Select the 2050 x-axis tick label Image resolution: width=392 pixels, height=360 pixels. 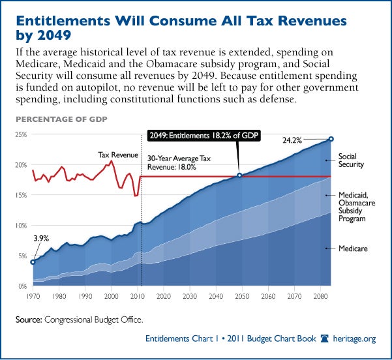coord(241,295)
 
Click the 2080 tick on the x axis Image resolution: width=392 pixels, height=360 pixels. coord(320,295)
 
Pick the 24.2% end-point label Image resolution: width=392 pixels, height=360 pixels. coord(309,140)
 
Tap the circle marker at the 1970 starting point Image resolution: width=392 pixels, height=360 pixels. coord(33,262)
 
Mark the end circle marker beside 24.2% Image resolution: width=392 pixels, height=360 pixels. coord(331,139)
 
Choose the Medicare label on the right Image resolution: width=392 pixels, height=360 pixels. coord(352,248)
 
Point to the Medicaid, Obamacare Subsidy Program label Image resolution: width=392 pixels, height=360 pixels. coord(355,207)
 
